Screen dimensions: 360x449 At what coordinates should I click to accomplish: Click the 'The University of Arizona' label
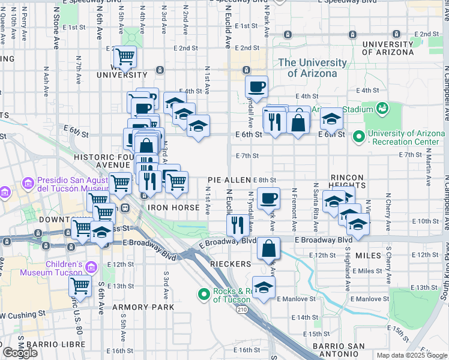312,68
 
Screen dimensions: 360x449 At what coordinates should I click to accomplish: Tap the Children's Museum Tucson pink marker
92,266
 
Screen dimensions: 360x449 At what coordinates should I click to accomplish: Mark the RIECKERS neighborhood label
230,264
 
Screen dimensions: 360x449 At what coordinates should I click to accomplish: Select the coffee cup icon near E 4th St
257,86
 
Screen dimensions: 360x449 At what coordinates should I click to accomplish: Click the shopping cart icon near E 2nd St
125,56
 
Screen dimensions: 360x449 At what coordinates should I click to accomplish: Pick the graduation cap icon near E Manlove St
263,287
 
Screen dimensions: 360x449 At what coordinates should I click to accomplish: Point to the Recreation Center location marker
359,137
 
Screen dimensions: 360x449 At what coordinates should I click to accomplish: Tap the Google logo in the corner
20,353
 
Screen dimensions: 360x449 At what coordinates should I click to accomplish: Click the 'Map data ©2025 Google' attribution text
411,355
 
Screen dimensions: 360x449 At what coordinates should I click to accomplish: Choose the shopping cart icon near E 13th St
80,286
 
